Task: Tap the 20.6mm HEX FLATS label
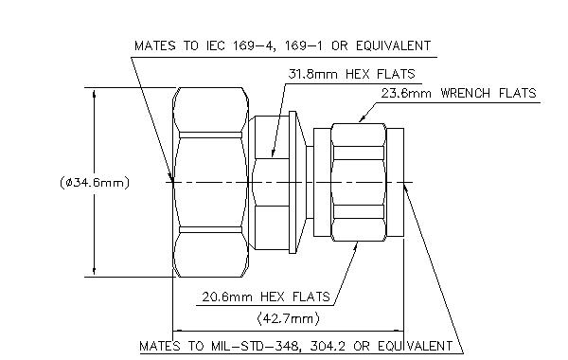254,297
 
